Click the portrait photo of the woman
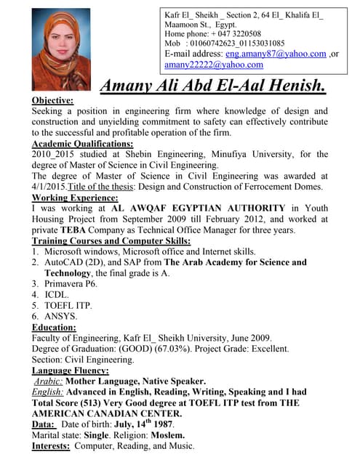point(61,49)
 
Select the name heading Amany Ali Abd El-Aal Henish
point(212,86)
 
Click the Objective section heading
point(53,100)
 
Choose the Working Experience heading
point(75,198)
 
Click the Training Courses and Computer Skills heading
point(111,240)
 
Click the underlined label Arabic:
point(49,381)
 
